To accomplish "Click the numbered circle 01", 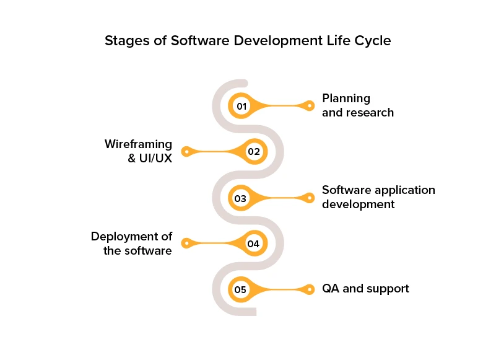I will pyautogui.click(x=241, y=106).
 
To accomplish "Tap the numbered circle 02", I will pyautogui.click(x=254, y=151).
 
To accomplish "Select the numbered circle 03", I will pyautogui.click(x=241, y=198).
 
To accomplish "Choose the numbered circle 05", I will pyautogui.click(x=241, y=289).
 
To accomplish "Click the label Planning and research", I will pyautogui.click(x=357, y=105).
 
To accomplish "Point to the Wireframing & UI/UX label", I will pyautogui.click(x=138, y=151).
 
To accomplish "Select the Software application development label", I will pyautogui.click(x=378, y=197).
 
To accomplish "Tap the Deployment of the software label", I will pyautogui.click(x=131, y=244).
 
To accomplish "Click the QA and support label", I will pyautogui.click(x=365, y=289).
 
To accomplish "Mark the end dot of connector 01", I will pyautogui.click(x=310, y=106).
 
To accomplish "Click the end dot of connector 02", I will pyautogui.click(x=185, y=151).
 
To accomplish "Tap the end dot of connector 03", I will pyautogui.click(x=310, y=198).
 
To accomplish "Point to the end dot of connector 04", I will pyautogui.click(x=185, y=244).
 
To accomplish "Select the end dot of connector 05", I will pyautogui.click(x=310, y=289).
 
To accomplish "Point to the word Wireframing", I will pyautogui.click(x=138, y=144).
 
